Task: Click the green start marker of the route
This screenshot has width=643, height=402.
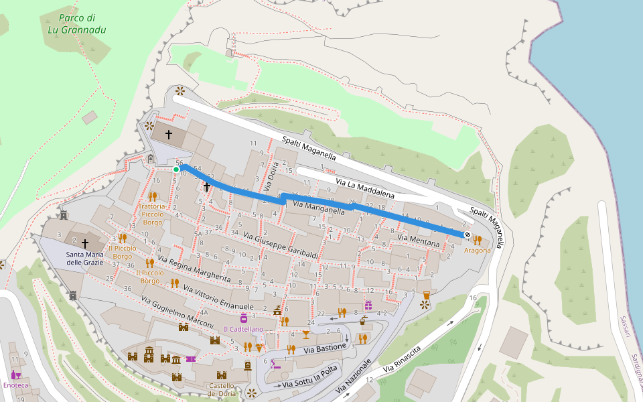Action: (x=176, y=170)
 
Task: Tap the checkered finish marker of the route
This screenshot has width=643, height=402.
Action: (x=466, y=234)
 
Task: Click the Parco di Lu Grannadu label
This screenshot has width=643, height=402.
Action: (x=76, y=23)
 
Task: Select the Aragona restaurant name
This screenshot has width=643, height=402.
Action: (x=478, y=250)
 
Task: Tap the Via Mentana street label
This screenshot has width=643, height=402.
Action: (x=419, y=240)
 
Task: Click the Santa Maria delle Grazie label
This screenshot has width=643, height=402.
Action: (x=84, y=259)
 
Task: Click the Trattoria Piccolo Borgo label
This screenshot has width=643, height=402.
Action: (x=153, y=214)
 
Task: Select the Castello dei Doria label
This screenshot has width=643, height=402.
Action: (x=221, y=389)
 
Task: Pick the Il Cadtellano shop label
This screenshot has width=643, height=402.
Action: (x=244, y=329)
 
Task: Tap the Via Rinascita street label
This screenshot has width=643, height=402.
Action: (x=402, y=360)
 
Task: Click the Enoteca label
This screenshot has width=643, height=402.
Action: (x=16, y=385)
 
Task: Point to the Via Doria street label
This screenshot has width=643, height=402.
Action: (x=272, y=178)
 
